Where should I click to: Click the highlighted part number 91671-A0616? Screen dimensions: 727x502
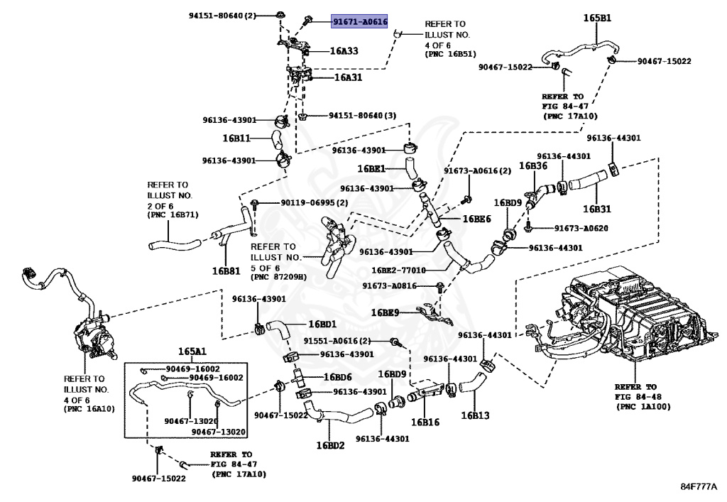[360, 21]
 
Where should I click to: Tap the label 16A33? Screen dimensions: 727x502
[344, 51]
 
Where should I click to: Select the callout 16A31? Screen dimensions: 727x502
[348, 77]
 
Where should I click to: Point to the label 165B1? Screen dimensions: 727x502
[597, 18]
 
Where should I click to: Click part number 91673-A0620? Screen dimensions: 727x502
[581, 228]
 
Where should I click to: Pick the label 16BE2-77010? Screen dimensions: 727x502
[399, 271]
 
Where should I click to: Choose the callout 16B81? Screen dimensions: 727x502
[226, 271]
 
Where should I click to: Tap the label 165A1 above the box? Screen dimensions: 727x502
[192, 351]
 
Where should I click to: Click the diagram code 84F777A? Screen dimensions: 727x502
[699, 486]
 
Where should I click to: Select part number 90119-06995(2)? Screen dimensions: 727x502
[315, 202]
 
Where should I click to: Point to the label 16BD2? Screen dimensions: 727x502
[331, 445]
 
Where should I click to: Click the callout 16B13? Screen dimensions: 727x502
[475, 415]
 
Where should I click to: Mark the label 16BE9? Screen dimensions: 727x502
[385, 312]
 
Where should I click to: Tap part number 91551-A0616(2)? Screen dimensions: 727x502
[337, 341]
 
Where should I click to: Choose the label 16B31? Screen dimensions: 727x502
[596, 209]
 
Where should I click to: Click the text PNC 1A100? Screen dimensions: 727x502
[643, 407]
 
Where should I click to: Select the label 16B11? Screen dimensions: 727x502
[236, 138]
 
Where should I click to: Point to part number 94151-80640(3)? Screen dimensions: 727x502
[363, 116]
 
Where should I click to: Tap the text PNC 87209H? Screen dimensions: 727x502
[278, 277]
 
